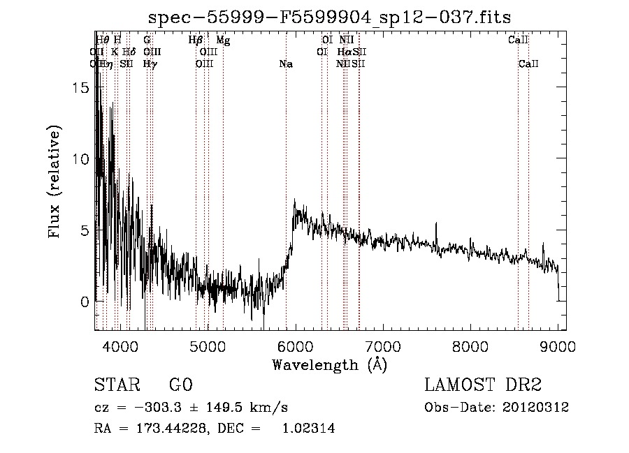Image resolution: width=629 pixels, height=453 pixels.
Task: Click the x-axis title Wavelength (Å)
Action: coord(329,364)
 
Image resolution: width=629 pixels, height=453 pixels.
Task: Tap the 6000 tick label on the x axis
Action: coord(295,346)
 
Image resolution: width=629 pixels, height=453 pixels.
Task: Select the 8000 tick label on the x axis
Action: coord(470,346)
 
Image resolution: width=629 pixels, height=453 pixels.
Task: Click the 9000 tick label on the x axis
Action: coord(557,346)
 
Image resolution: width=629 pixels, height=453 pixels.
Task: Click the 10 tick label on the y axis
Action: coord(83,159)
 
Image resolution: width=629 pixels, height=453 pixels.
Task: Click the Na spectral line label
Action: coord(285,64)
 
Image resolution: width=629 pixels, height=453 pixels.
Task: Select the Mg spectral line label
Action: coord(223,40)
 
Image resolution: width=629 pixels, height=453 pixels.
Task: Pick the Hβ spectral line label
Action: coord(196,40)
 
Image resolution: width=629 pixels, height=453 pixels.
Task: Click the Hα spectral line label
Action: coord(345,52)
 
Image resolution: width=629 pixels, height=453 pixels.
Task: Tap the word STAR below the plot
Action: coord(115,385)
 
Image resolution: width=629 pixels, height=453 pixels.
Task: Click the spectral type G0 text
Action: coord(180,385)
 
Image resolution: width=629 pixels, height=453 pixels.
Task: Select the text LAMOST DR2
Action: coord(483,385)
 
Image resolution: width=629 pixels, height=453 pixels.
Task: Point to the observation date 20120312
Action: coord(535,408)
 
